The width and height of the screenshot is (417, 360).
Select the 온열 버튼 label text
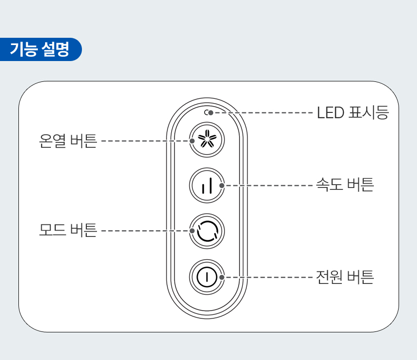click(68, 141)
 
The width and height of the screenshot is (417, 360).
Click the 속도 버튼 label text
click(345, 185)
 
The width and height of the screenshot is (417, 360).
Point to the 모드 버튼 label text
click(68, 230)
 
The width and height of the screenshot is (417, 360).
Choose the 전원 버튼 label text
click(345, 277)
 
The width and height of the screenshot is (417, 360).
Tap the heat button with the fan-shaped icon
click(207, 141)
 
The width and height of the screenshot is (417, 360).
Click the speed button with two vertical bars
click(207, 186)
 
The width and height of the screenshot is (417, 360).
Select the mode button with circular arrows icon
click(207, 231)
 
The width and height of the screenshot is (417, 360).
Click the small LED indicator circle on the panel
click(207, 112)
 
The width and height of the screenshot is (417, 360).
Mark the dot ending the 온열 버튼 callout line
click(192, 141)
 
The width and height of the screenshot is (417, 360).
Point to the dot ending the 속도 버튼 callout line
click(222, 185)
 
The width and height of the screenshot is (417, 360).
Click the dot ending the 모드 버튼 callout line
click(192, 230)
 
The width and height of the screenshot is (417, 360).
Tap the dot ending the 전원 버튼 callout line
click(222, 277)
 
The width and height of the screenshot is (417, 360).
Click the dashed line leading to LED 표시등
click(262, 112)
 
